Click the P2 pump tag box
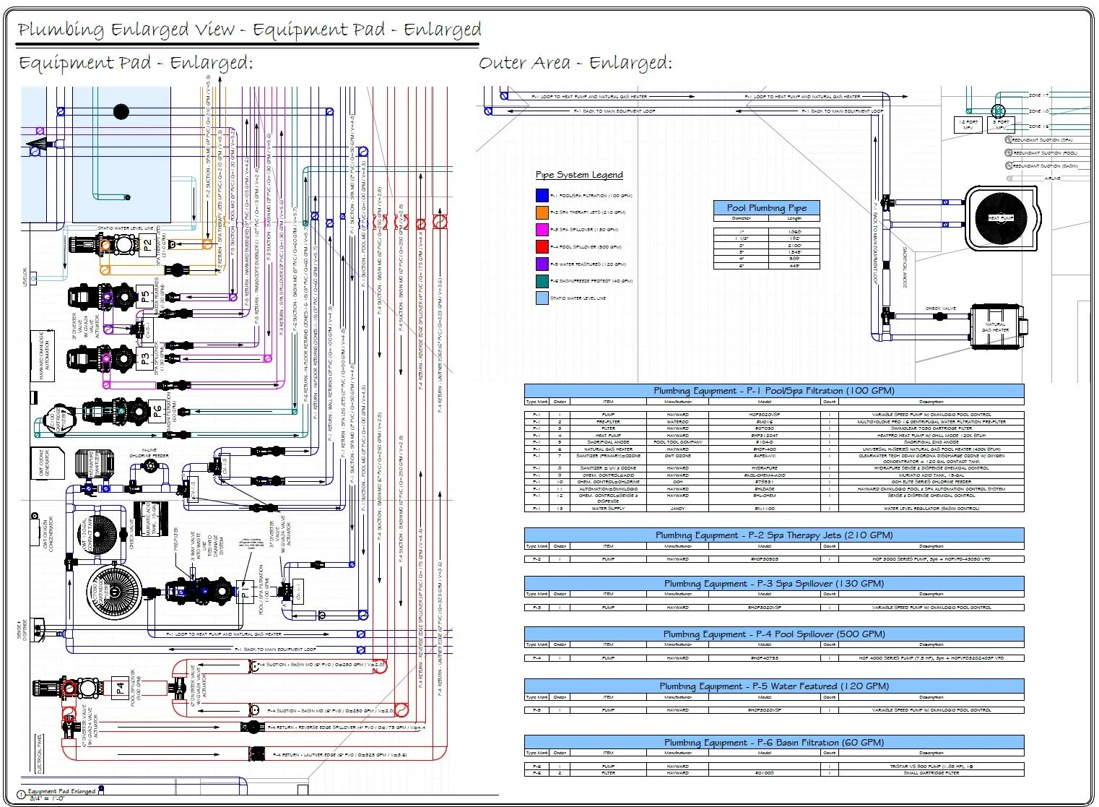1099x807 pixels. click(147, 245)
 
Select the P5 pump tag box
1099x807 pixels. click(145, 297)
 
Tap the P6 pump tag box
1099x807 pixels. click(157, 410)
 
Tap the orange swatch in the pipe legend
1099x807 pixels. click(542, 212)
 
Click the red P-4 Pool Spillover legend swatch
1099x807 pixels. click(542, 247)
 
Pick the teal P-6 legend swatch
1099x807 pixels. click(542, 281)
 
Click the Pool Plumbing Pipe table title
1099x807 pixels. click(766, 208)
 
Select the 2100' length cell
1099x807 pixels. click(794, 246)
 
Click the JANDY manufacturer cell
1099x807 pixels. click(677, 509)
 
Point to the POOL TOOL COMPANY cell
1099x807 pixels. click(677, 442)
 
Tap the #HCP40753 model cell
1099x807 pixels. click(764, 658)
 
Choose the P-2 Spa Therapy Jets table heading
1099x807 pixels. click(773, 535)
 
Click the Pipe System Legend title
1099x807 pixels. click(578, 175)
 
